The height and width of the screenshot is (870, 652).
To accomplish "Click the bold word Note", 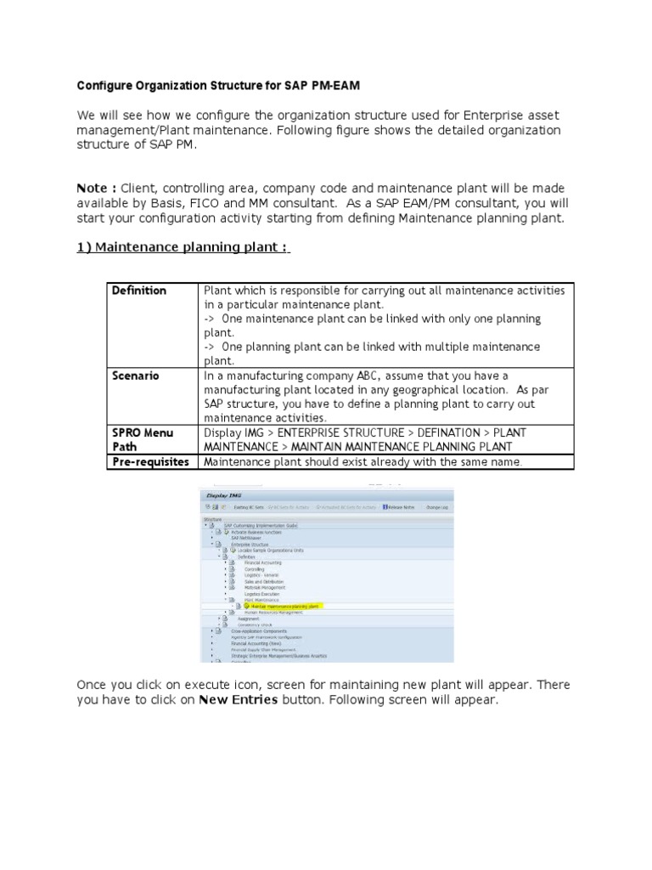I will (x=94, y=187).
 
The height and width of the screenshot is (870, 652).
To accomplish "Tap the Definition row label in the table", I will (x=139, y=291).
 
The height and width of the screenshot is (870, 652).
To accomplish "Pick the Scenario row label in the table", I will (x=136, y=375).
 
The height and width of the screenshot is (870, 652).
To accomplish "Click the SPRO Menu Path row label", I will (x=142, y=439).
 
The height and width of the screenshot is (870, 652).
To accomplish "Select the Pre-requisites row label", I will (x=150, y=461).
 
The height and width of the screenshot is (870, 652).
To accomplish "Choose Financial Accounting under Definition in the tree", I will (x=262, y=562).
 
